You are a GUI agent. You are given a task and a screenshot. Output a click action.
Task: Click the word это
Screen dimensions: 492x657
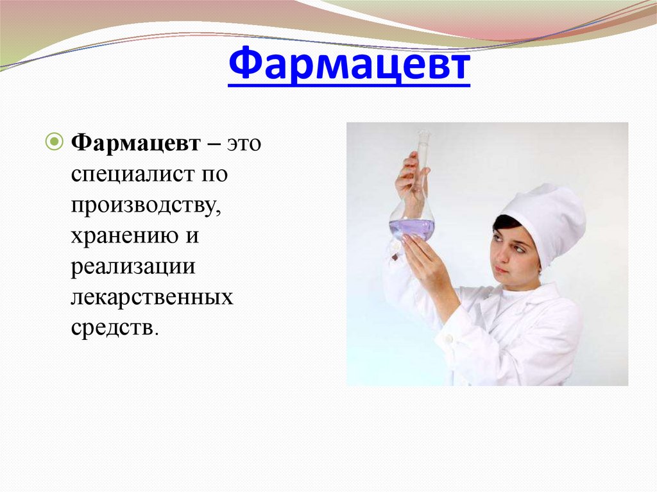pyautogui.click(x=242, y=144)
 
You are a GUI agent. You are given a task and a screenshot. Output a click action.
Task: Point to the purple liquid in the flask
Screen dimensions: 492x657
pyautogui.click(x=411, y=228)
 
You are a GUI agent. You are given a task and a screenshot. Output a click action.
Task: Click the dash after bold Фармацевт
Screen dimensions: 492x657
pyautogui.click(x=211, y=144)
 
